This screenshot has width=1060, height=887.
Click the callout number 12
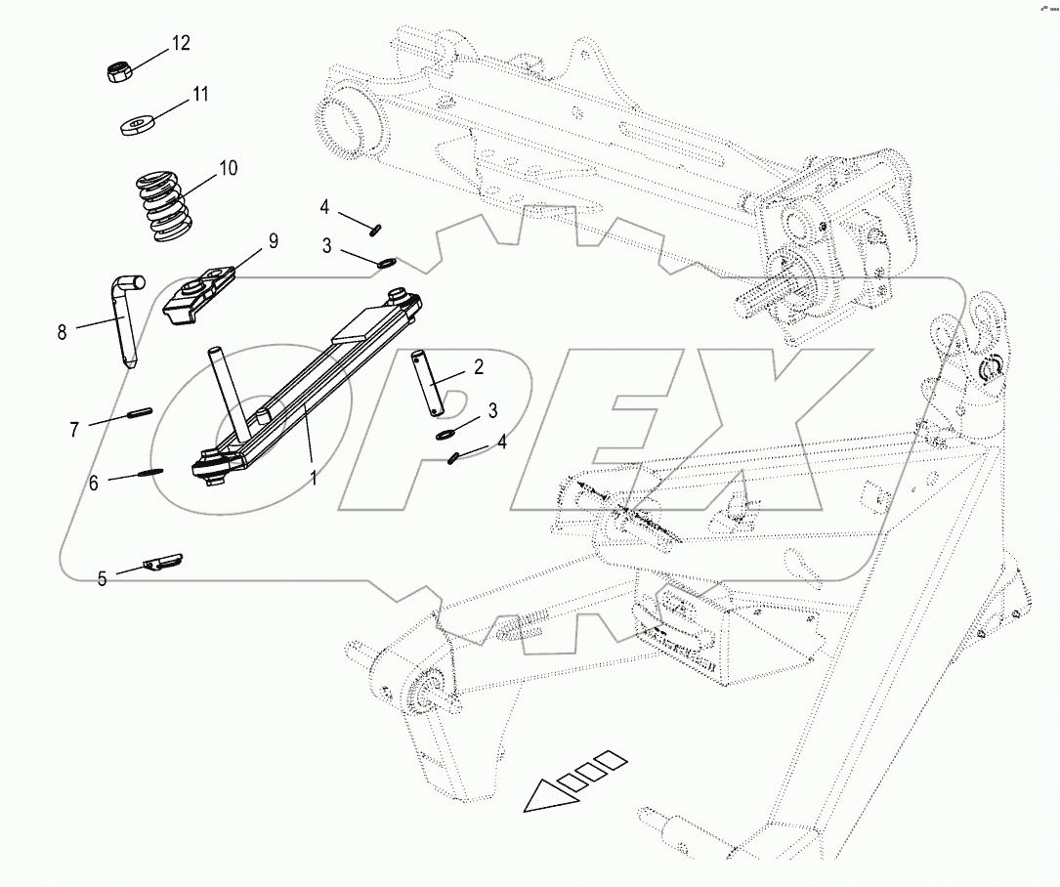[x=182, y=43]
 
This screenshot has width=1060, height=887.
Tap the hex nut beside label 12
[x=117, y=73]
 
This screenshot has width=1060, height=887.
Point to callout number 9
[x=273, y=240]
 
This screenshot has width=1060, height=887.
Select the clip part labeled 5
[x=162, y=563]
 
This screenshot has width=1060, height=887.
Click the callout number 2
[x=479, y=366]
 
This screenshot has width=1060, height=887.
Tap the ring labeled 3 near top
[x=386, y=261]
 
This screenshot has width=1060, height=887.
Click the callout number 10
[x=227, y=168]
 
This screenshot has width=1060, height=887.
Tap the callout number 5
[x=102, y=578]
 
